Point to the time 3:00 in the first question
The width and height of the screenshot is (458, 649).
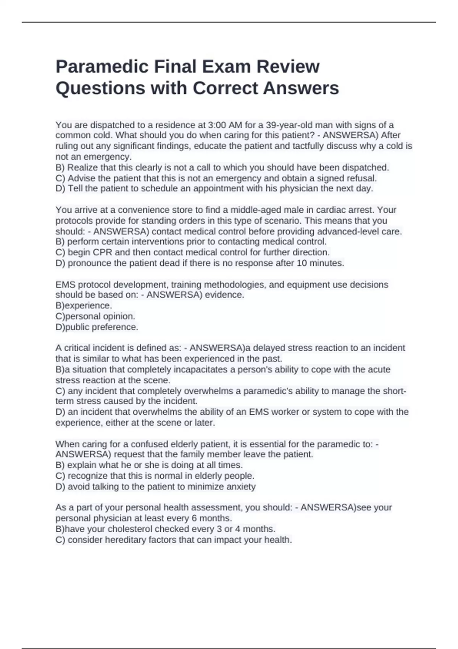(x=217, y=125)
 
